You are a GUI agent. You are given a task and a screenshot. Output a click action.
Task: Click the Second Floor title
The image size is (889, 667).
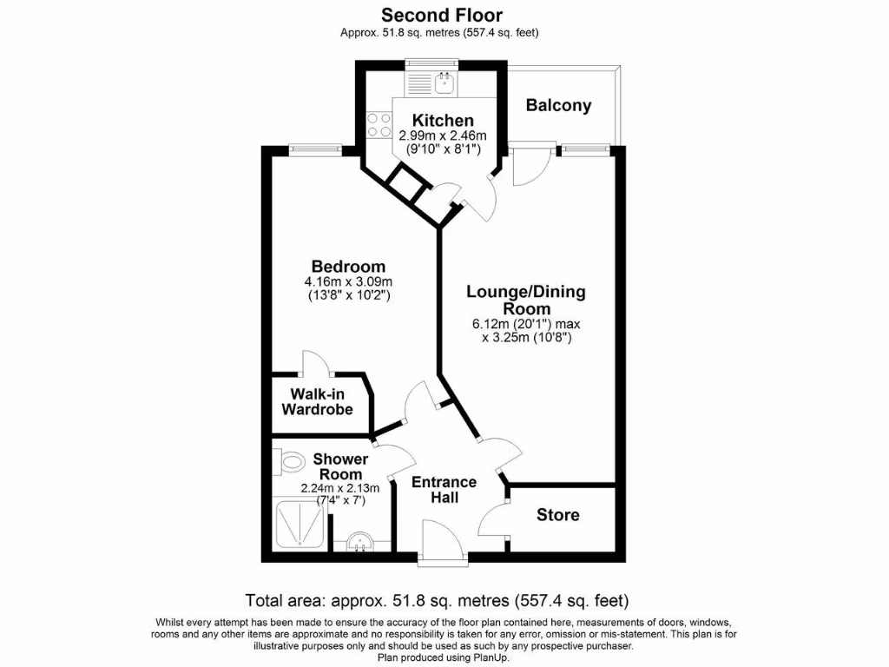point(443,15)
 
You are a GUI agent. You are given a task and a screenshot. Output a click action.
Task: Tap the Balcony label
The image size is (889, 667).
point(559,106)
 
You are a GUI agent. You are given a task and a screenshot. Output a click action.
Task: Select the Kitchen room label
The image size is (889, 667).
point(443,121)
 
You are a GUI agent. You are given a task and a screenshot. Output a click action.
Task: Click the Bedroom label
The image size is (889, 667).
point(348,266)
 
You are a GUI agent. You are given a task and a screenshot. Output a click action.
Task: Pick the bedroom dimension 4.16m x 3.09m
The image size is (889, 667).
point(348,281)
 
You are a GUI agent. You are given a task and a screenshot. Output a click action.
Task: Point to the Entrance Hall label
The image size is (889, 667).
point(444,489)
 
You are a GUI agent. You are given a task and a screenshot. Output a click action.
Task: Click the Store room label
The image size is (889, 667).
point(557,515)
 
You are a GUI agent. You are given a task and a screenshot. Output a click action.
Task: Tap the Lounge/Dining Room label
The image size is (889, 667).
point(526,300)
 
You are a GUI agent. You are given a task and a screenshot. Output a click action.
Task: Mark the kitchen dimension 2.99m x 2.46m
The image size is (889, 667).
point(443,135)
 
